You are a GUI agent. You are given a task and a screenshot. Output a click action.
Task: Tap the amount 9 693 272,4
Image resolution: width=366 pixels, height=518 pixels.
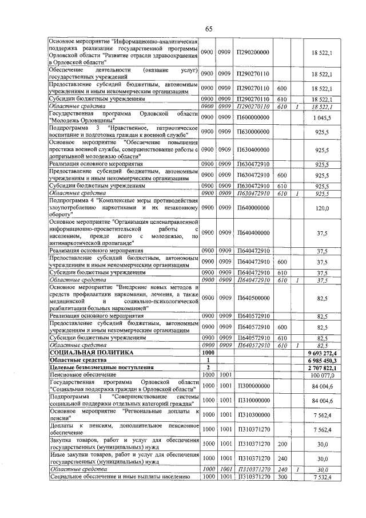[x=324, y=353]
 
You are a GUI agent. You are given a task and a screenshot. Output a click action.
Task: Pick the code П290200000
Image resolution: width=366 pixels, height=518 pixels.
[x=252, y=52]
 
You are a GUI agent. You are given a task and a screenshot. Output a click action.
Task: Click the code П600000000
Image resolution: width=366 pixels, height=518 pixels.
[x=252, y=117]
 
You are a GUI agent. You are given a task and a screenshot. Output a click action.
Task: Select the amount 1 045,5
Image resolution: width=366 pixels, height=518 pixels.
[x=324, y=117]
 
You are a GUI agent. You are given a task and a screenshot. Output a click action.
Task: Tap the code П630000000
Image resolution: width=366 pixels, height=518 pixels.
[x=252, y=132]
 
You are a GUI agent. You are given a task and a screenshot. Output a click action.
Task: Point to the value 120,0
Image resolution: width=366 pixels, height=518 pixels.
[x=324, y=209]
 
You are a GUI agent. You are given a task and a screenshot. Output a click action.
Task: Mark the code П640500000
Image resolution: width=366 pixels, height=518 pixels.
[x=252, y=298]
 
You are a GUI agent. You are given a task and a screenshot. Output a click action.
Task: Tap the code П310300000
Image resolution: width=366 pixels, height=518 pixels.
[x=252, y=414]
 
